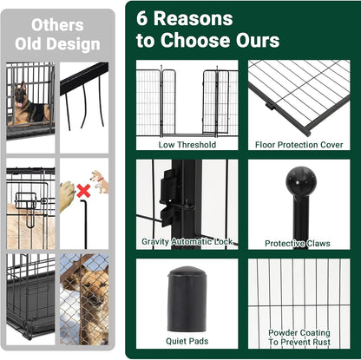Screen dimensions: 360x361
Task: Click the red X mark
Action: tap(83, 189)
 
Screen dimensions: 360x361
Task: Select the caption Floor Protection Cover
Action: tap(299, 145)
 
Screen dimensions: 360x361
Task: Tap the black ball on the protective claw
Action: tap(301, 181)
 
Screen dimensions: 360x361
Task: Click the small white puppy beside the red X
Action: tap(101, 180)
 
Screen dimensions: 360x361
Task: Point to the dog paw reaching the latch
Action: tap(67, 189)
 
